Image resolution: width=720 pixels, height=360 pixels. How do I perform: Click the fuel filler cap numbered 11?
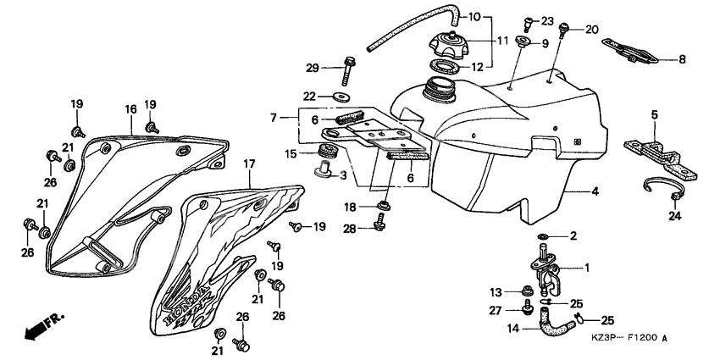449,43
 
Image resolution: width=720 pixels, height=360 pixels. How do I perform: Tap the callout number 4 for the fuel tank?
595,192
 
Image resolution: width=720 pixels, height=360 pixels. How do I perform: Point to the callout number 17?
249,164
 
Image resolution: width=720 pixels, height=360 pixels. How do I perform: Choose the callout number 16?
130,109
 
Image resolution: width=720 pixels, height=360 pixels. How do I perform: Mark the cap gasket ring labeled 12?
443,66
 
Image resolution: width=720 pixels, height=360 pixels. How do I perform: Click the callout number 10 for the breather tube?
474,18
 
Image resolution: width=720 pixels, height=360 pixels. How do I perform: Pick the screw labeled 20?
562,30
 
